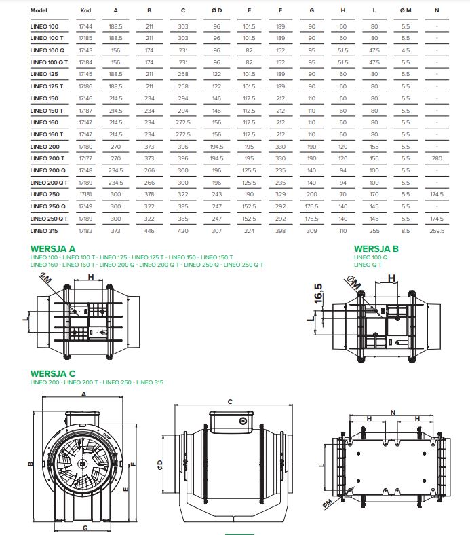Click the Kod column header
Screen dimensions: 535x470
coord(85,11)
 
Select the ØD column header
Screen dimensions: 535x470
coord(217,11)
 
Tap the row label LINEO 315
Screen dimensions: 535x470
coord(45,231)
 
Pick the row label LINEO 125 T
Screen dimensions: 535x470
coord(47,86)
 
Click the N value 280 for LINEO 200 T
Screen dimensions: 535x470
coord(437,158)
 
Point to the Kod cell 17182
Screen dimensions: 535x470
coord(85,231)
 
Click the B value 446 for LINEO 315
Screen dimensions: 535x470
coord(149,231)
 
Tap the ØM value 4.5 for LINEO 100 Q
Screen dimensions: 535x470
coord(406,50)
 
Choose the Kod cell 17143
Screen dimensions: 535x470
coord(85,50)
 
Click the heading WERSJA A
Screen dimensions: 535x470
coord(53,248)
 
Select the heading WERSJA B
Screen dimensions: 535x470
coord(376,248)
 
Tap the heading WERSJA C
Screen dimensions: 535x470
coord(53,373)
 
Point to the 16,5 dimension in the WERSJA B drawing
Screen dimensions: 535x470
coord(317,297)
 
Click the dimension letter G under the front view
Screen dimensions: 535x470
coord(84,527)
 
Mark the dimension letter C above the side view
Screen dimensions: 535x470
coord(230,402)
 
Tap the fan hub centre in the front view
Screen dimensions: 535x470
coord(81,464)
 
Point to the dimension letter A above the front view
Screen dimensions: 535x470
coord(83,394)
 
